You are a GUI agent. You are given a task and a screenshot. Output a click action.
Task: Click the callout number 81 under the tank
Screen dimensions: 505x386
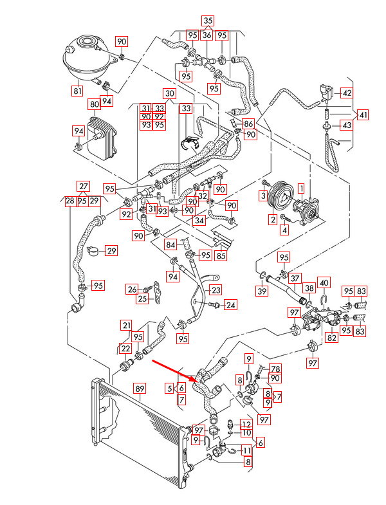77,91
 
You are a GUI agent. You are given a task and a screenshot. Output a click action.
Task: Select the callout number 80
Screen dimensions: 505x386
94,104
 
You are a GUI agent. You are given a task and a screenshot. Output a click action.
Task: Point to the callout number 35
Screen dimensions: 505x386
207,21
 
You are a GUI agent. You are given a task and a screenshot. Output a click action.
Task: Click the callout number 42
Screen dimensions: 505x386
346,93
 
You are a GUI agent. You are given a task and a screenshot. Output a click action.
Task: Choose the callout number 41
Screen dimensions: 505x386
363,115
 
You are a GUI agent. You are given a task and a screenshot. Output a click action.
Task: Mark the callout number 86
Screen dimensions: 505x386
248,122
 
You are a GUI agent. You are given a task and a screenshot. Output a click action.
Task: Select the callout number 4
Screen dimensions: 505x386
283,230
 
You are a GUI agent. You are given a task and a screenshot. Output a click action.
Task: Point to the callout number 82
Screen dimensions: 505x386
332,337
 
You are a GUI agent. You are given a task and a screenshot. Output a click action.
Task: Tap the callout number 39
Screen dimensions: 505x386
261,292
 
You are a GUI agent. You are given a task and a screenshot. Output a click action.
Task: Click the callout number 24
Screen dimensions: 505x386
230,304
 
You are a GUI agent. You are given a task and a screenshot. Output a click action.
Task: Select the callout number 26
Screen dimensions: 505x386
132,289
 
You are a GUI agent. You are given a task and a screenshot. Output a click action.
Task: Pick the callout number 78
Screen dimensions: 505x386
275,369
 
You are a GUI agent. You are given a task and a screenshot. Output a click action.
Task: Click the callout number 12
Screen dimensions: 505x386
246,423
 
